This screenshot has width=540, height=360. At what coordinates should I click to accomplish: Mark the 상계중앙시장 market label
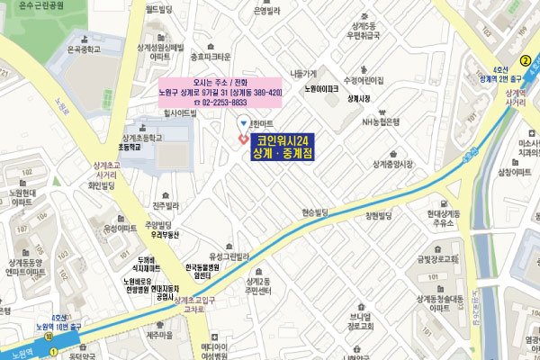[391, 164]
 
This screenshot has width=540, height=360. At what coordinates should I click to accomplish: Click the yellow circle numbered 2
[524, 61]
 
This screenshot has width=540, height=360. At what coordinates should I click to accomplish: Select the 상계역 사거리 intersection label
[516, 98]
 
